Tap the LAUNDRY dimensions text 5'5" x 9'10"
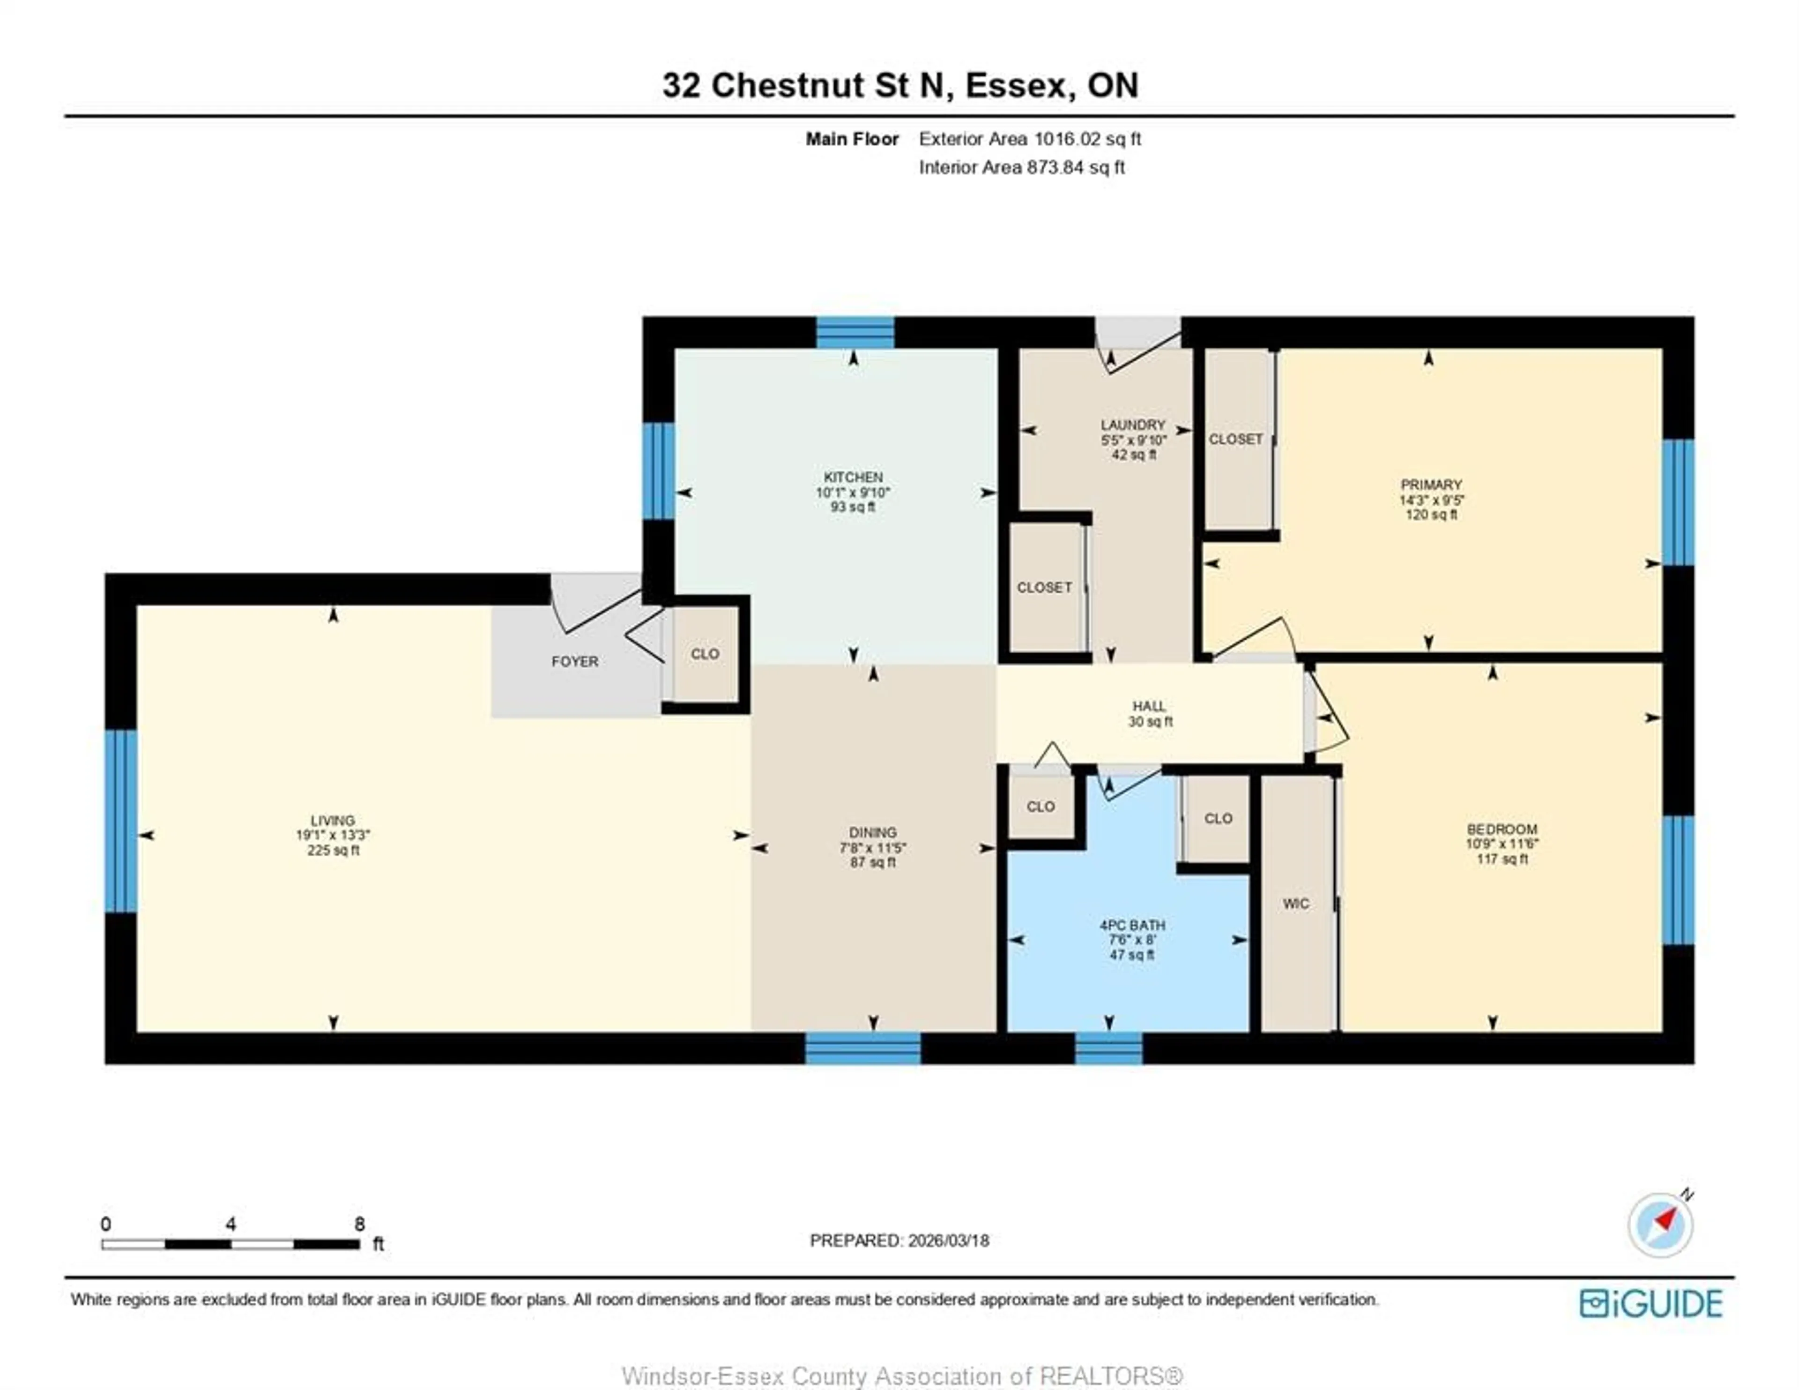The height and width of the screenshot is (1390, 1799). (x=1133, y=440)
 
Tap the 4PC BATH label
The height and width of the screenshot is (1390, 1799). (x=1132, y=925)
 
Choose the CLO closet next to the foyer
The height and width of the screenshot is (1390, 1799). (x=705, y=653)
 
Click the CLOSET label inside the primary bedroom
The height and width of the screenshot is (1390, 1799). (x=1235, y=439)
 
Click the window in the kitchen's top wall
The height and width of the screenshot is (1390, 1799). (x=855, y=332)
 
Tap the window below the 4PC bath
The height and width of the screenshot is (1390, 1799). (x=1109, y=1048)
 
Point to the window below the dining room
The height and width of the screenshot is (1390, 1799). (x=862, y=1048)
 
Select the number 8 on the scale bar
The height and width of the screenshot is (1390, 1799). (x=359, y=1224)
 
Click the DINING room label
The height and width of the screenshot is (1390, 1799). (x=872, y=832)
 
